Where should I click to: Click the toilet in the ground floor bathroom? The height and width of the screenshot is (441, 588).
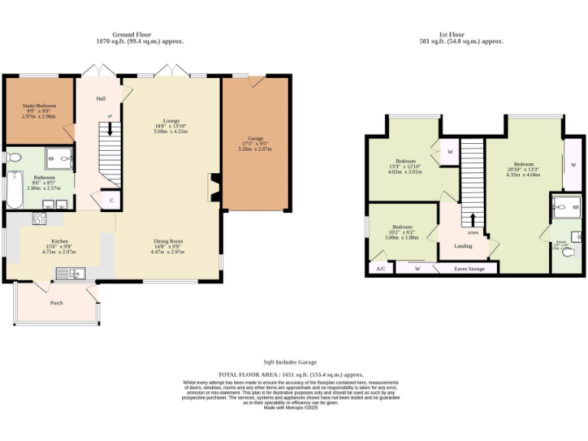(x=11, y=158)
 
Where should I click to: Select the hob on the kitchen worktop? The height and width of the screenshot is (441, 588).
(x=38, y=218)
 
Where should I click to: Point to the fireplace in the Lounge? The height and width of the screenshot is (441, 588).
(x=214, y=187)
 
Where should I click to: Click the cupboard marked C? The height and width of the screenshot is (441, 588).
(x=112, y=201)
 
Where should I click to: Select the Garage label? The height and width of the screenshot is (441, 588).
(x=255, y=144)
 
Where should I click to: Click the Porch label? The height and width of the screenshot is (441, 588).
(x=57, y=303)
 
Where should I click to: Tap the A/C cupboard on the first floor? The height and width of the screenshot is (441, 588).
(x=381, y=269)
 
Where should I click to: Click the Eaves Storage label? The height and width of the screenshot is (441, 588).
(x=469, y=269)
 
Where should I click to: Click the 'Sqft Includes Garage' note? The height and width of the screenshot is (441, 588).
(x=289, y=362)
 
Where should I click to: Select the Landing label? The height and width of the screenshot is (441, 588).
(x=463, y=247)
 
